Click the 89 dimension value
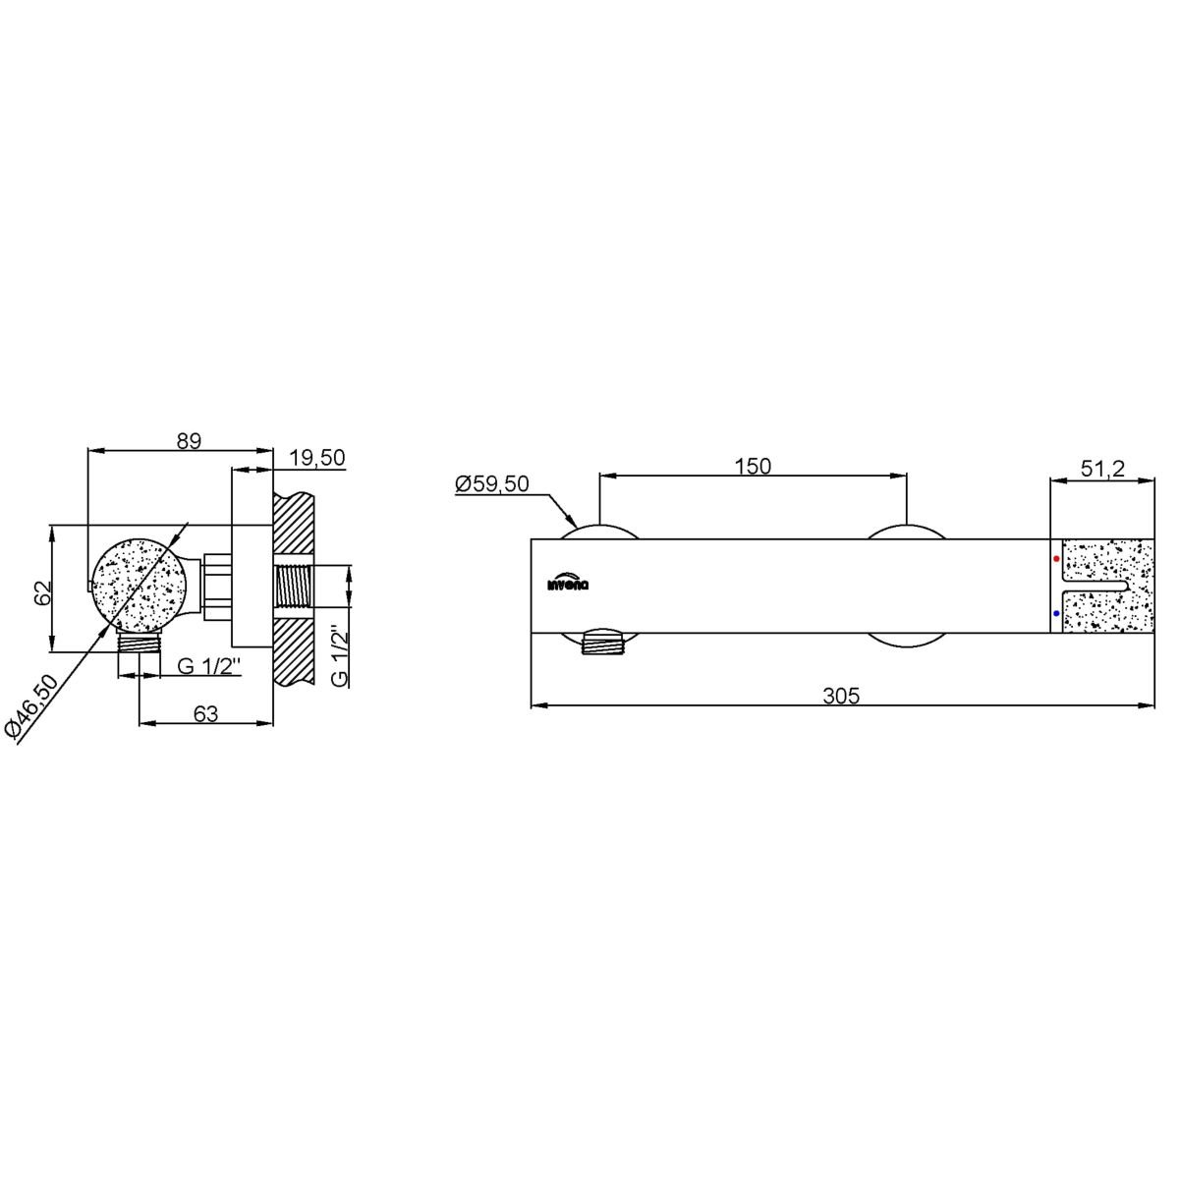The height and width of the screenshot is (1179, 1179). (189, 440)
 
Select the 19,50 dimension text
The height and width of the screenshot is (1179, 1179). (316, 458)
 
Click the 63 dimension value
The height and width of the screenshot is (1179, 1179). (205, 713)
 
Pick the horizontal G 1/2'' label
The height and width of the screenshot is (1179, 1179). (210, 666)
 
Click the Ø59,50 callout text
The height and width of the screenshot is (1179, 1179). (491, 484)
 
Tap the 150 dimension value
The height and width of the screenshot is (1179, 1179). (753, 467)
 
